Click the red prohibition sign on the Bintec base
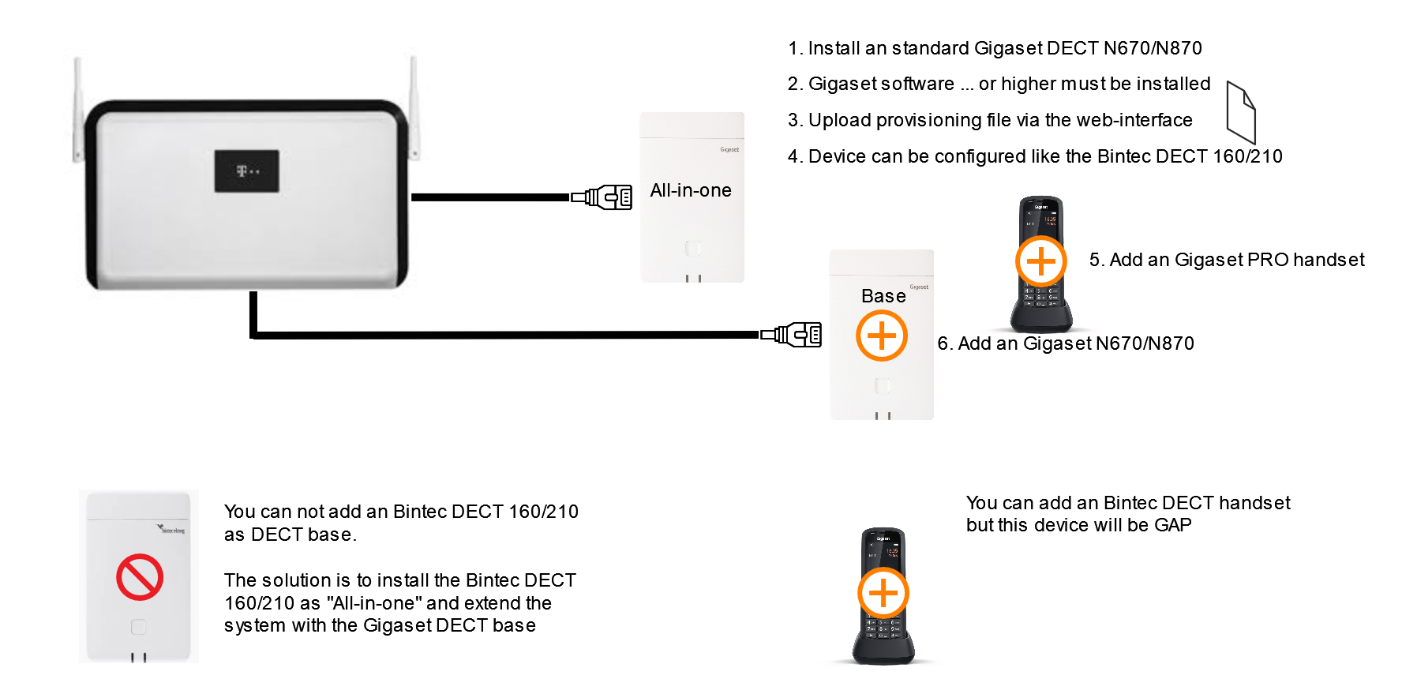tap(140, 577)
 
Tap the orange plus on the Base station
tap(882, 336)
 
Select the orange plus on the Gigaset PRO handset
tap(1041, 261)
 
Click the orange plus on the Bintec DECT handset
tap(883, 594)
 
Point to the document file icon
tap(1241, 112)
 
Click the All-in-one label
tap(691, 190)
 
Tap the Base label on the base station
tap(883, 296)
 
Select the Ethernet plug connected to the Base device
tap(791, 335)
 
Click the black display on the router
tap(247, 171)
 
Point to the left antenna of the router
tap(78, 110)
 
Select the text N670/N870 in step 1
tap(1153, 48)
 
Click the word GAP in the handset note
tap(1173, 525)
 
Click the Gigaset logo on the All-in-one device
tap(729, 149)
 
